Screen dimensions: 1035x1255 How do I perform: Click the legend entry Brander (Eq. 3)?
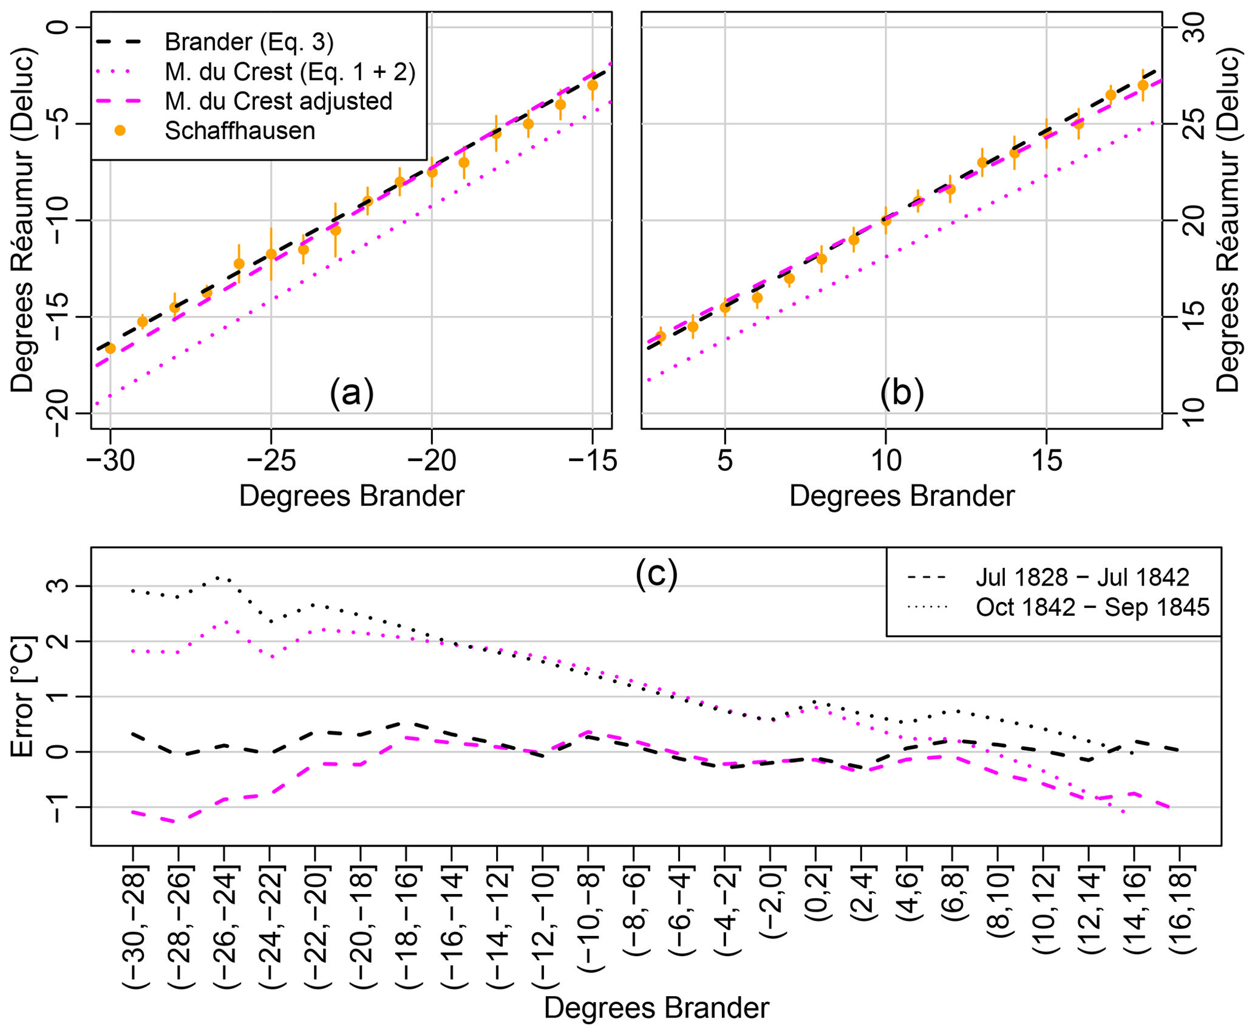(249, 42)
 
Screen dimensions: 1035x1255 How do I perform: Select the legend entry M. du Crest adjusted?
(278, 101)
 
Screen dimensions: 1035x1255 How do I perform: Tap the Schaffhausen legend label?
(240, 131)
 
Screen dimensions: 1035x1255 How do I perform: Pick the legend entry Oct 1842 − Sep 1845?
(1092, 607)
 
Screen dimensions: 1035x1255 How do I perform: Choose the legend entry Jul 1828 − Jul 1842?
(1082, 577)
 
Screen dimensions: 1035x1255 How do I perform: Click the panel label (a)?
(352, 393)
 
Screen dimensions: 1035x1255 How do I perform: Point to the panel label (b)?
(902, 393)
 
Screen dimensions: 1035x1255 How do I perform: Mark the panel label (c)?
(656, 573)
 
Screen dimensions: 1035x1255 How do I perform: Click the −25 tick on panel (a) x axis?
(271, 461)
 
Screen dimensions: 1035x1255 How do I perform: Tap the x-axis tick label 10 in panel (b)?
(886, 461)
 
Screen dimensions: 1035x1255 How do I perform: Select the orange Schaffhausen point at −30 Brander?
(110, 348)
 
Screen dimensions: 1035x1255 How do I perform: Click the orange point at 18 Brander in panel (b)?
(1143, 85)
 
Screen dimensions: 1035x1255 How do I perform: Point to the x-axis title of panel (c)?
(656, 1008)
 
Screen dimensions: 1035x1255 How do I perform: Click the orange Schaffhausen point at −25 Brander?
(271, 254)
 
